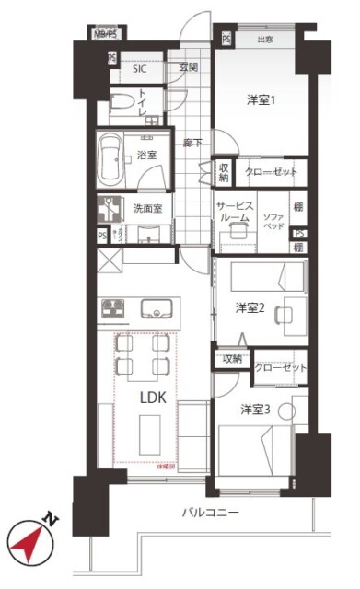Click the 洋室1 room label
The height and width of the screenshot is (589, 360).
tap(261, 98)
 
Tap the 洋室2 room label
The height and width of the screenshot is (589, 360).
tap(250, 307)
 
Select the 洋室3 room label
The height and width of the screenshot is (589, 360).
tap(255, 409)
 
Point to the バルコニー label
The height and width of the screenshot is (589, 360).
tap(210, 512)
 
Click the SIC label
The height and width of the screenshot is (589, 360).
tap(140, 68)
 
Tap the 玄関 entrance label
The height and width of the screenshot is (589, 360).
tap(189, 67)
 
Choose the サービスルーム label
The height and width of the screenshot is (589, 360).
tap(235, 213)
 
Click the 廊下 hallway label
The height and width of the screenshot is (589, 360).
tap(192, 144)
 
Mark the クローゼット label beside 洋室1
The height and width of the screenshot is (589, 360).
tap(270, 172)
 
